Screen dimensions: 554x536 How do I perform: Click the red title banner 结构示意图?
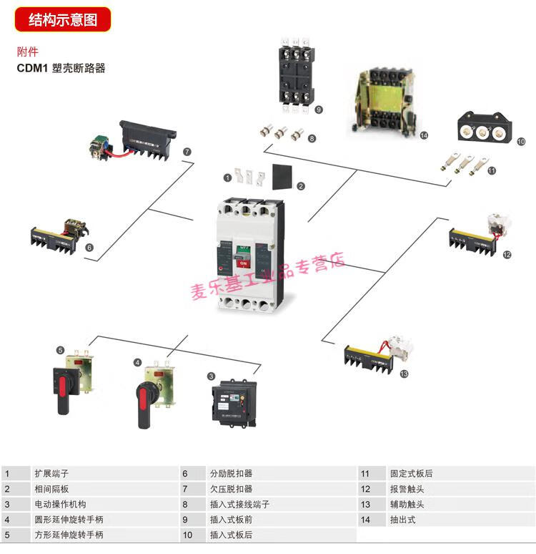click(x=63, y=19)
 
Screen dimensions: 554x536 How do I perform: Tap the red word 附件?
click(x=28, y=52)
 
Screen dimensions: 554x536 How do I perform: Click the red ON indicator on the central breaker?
click(x=243, y=263)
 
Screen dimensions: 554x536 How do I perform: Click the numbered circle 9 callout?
click(x=318, y=110)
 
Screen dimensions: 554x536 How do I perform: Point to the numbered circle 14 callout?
click(x=424, y=135)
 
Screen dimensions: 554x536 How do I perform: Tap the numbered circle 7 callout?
click(x=187, y=152)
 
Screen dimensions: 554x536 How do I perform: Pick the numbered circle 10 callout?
click(x=521, y=142)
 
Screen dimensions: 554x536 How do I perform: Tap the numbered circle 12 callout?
click(x=507, y=255)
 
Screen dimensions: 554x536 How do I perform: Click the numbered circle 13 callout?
click(x=405, y=374)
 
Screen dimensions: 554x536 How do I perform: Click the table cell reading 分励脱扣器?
click(x=231, y=474)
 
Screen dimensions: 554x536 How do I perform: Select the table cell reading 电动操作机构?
click(x=60, y=505)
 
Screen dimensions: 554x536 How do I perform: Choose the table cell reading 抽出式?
click(x=402, y=520)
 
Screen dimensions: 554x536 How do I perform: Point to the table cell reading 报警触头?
click(x=407, y=489)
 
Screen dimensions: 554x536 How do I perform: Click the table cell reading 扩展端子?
click(x=51, y=474)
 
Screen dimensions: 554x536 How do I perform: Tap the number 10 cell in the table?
click(x=188, y=535)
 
